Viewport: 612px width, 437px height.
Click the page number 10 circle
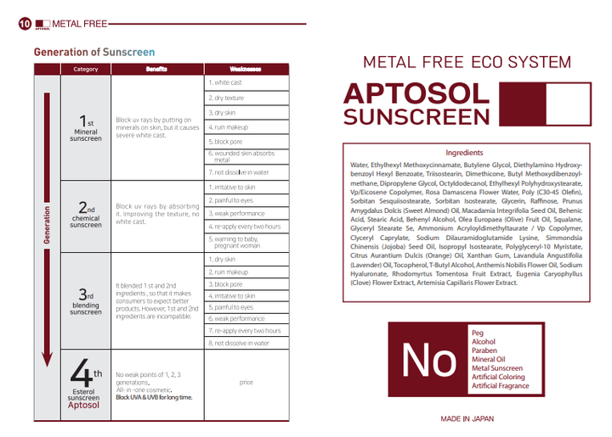pyautogui.click(x=25, y=24)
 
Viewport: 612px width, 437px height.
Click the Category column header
pyautogui.click(x=86, y=70)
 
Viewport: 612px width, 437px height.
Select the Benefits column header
pyautogui.click(x=156, y=70)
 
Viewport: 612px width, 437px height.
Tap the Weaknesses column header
pyautogui.click(x=246, y=70)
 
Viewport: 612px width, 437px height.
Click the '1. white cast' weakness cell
pyautogui.click(x=246, y=83)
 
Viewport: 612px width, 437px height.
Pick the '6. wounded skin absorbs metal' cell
pyautogui.click(x=246, y=157)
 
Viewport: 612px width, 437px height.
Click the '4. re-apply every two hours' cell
pyautogui.click(x=246, y=227)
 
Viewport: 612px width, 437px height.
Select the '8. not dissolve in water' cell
pyautogui.click(x=246, y=343)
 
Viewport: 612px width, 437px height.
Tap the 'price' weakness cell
pyautogui.click(x=246, y=383)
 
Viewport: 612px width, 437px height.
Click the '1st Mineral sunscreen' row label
pyautogui.click(x=86, y=128)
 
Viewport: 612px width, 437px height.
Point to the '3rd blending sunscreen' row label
pyautogui.click(x=86, y=302)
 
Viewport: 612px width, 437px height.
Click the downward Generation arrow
pyautogui.click(x=48, y=229)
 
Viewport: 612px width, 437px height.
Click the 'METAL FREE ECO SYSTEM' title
pyautogui.click(x=467, y=63)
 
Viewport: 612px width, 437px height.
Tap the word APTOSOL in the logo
pyautogui.click(x=416, y=93)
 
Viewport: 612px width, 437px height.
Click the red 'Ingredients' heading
pyautogui.click(x=464, y=153)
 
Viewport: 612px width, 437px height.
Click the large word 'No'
pyautogui.click(x=428, y=361)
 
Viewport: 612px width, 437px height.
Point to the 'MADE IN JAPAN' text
pyautogui.click(x=467, y=418)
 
